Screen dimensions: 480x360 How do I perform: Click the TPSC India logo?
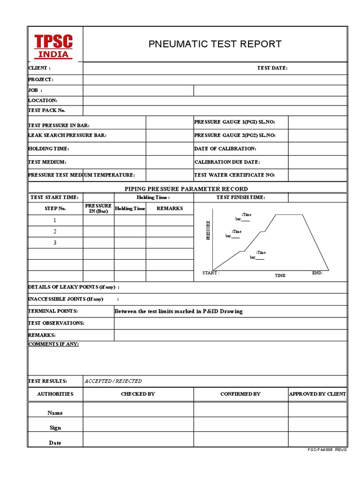pyautogui.click(x=53, y=45)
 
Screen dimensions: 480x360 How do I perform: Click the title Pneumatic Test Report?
pyautogui.click(x=215, y=44)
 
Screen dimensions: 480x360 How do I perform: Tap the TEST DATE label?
pyautogui.click(x=272, y=68)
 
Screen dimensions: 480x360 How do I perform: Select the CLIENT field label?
pyautogui.click(x=39, y=68)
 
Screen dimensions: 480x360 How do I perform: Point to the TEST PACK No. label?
pyautogui.click(x=47, y=110)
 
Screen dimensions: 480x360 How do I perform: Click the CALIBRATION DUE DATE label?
pyautogui.click(x=227, y=162)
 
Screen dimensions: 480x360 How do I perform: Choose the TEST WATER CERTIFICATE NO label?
pyautogui.click(x=234, y=175)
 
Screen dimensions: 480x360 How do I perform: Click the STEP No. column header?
pyautogui.click(x=55, y=208)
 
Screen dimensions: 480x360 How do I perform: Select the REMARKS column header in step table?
pyautogui.click(x=169, y=208)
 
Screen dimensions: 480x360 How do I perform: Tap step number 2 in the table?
pyautogui.click(x=55, y=232)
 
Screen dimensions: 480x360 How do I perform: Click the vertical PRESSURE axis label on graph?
pyautogui.click(x=209, y=230)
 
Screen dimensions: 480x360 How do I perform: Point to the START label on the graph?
pyautogui.click(x=210, y=273)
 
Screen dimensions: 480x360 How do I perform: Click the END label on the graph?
pyautogui.click(x=317, y=273)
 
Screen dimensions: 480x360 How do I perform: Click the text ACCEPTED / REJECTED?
pyautogui.click(x=113, y=381)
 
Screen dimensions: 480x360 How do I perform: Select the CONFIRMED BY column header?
pyautogui.click(x=240, y=394)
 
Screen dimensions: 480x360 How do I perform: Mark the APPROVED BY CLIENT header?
pyautogui.click(x=317, y=394)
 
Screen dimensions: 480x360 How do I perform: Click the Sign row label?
pyautogui.click(x=55, y=427)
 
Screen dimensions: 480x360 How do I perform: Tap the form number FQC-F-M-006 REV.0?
pyautogui.click(x=327, y=450)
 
